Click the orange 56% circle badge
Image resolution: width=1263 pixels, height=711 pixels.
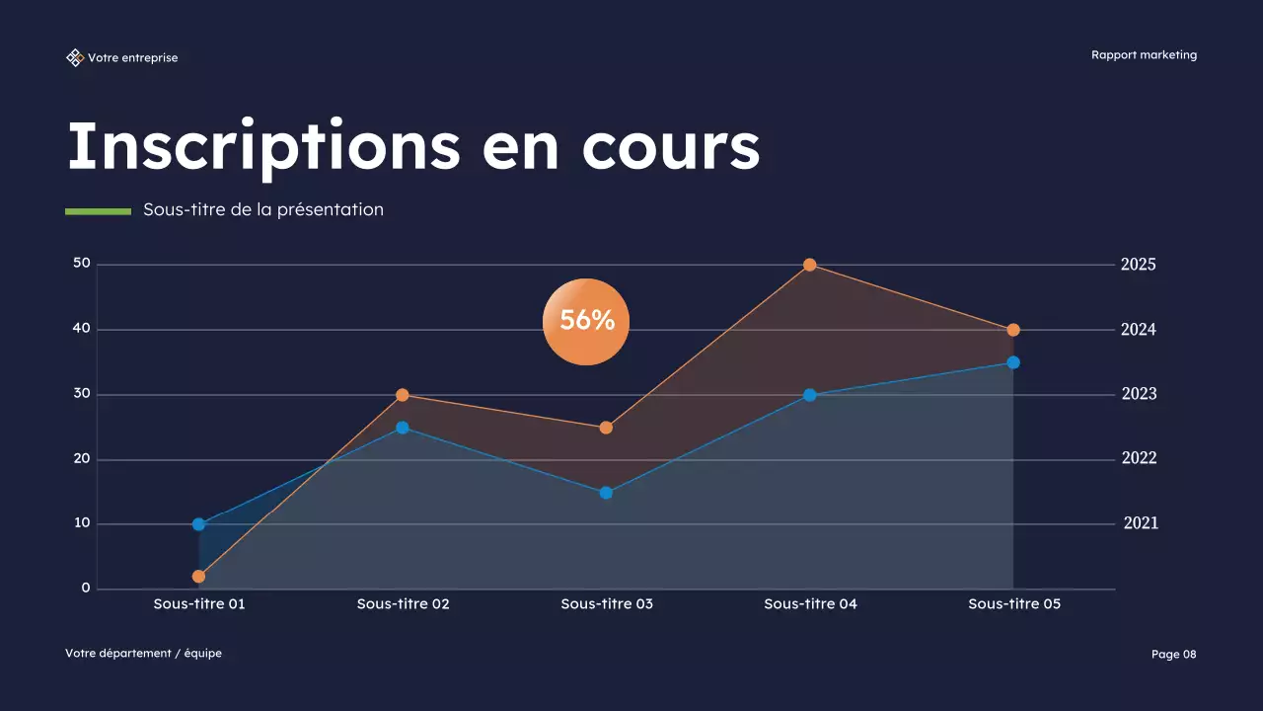pos(586,321)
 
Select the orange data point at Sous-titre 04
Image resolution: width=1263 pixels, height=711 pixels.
pos(809,265)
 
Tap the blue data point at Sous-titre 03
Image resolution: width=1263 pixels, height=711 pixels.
pos(606,493)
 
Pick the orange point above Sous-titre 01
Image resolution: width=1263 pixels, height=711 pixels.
pos(198,577)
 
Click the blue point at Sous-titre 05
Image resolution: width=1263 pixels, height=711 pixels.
pos(1013,362)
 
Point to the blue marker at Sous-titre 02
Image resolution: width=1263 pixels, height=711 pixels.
pos(403,428)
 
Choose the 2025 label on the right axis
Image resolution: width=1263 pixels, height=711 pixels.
pos(1138,265)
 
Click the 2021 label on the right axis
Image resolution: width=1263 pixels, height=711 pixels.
pos(1141,523)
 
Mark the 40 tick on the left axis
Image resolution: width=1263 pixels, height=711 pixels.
pos(81,329)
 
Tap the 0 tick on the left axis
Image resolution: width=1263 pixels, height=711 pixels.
pos(86,589)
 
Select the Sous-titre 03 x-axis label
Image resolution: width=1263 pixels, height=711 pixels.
pos(607,603)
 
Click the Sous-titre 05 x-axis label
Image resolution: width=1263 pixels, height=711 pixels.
pos(1014,603)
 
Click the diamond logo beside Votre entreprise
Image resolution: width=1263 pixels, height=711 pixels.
pos(75,58)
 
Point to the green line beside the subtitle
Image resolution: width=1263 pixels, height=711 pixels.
pos(98,210)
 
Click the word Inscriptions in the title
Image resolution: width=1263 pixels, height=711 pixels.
pos(263,146)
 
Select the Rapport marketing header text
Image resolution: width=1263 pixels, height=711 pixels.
pos(1144,55)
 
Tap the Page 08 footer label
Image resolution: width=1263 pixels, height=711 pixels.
pos(1173,654)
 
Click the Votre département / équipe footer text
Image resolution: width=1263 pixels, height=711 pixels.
pos(143,654)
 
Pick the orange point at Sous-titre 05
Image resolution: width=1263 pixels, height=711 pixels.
pos(1013,330)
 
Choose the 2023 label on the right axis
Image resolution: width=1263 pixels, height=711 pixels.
pos(1139,394)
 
